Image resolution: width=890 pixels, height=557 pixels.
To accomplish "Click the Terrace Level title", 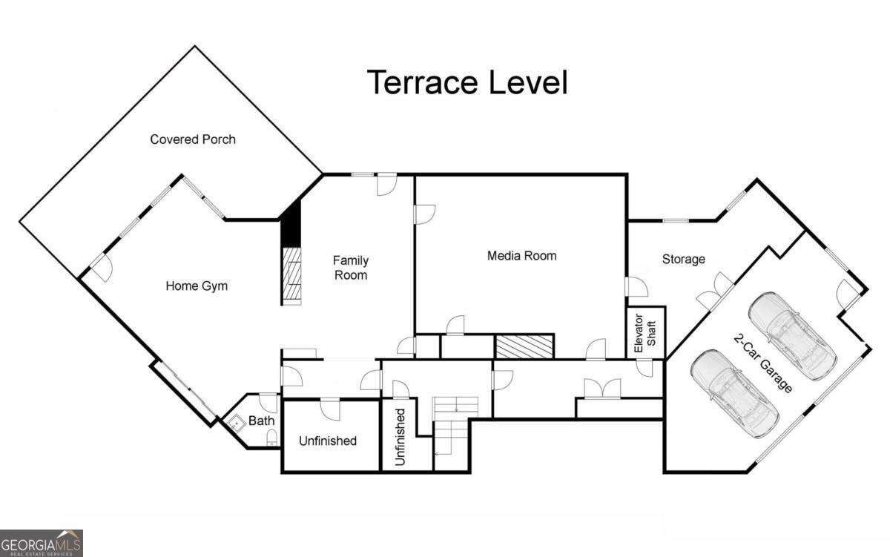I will (x=467, y=82).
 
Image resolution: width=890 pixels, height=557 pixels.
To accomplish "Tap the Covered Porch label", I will (x=193, y=139).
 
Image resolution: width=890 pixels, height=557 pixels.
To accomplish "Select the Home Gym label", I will (x=196, y=286).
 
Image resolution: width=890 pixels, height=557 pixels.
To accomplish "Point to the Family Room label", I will (x=350, y=268).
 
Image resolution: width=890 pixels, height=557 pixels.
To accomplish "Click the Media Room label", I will (x=521, y=256).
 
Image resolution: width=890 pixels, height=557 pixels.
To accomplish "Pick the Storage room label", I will (x=683, y=260).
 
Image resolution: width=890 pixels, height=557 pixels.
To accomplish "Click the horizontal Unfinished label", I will (x=327, y=441).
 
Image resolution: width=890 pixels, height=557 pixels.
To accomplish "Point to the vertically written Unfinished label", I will (x=400, y=437).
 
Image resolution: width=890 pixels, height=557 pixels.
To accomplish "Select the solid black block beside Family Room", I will (x=291, y=223).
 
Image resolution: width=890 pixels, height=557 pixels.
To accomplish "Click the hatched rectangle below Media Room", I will (x=524, y=346).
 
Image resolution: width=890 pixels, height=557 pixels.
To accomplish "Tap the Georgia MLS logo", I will (x=42, y=543).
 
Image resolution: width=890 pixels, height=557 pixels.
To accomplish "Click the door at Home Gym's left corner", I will (x=100, y=266).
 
